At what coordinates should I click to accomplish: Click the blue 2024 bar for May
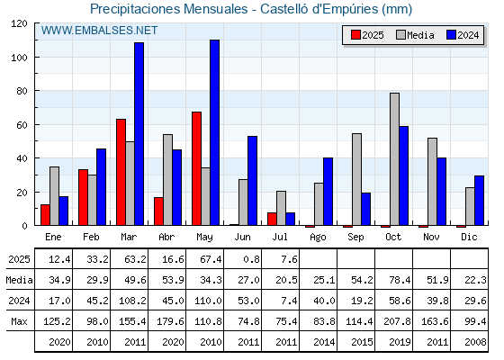(215, 132)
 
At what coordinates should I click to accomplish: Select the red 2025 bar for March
(121, 172)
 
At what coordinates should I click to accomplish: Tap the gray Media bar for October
(395, 159)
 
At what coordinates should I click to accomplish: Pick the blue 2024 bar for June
(253, 181)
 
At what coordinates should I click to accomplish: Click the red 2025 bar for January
(45, 215)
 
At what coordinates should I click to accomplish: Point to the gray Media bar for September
(356, 179)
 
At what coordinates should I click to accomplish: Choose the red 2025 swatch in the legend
(355, 35)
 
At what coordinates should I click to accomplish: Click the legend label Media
(420, 35)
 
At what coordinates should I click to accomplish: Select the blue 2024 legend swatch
(451, 35)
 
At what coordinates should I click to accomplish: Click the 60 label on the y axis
(22, 125)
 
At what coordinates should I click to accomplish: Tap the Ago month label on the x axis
(318, 238)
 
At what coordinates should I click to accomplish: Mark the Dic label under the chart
(469, 237)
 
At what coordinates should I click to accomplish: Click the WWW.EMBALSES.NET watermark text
(99, 31)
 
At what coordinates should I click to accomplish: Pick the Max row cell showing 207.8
(397, 321)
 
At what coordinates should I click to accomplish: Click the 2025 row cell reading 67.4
(211, 259)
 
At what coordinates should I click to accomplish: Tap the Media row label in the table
(19, 280)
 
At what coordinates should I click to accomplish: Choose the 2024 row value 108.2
(132, 301)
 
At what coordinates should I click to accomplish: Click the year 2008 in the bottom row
(475, 342)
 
